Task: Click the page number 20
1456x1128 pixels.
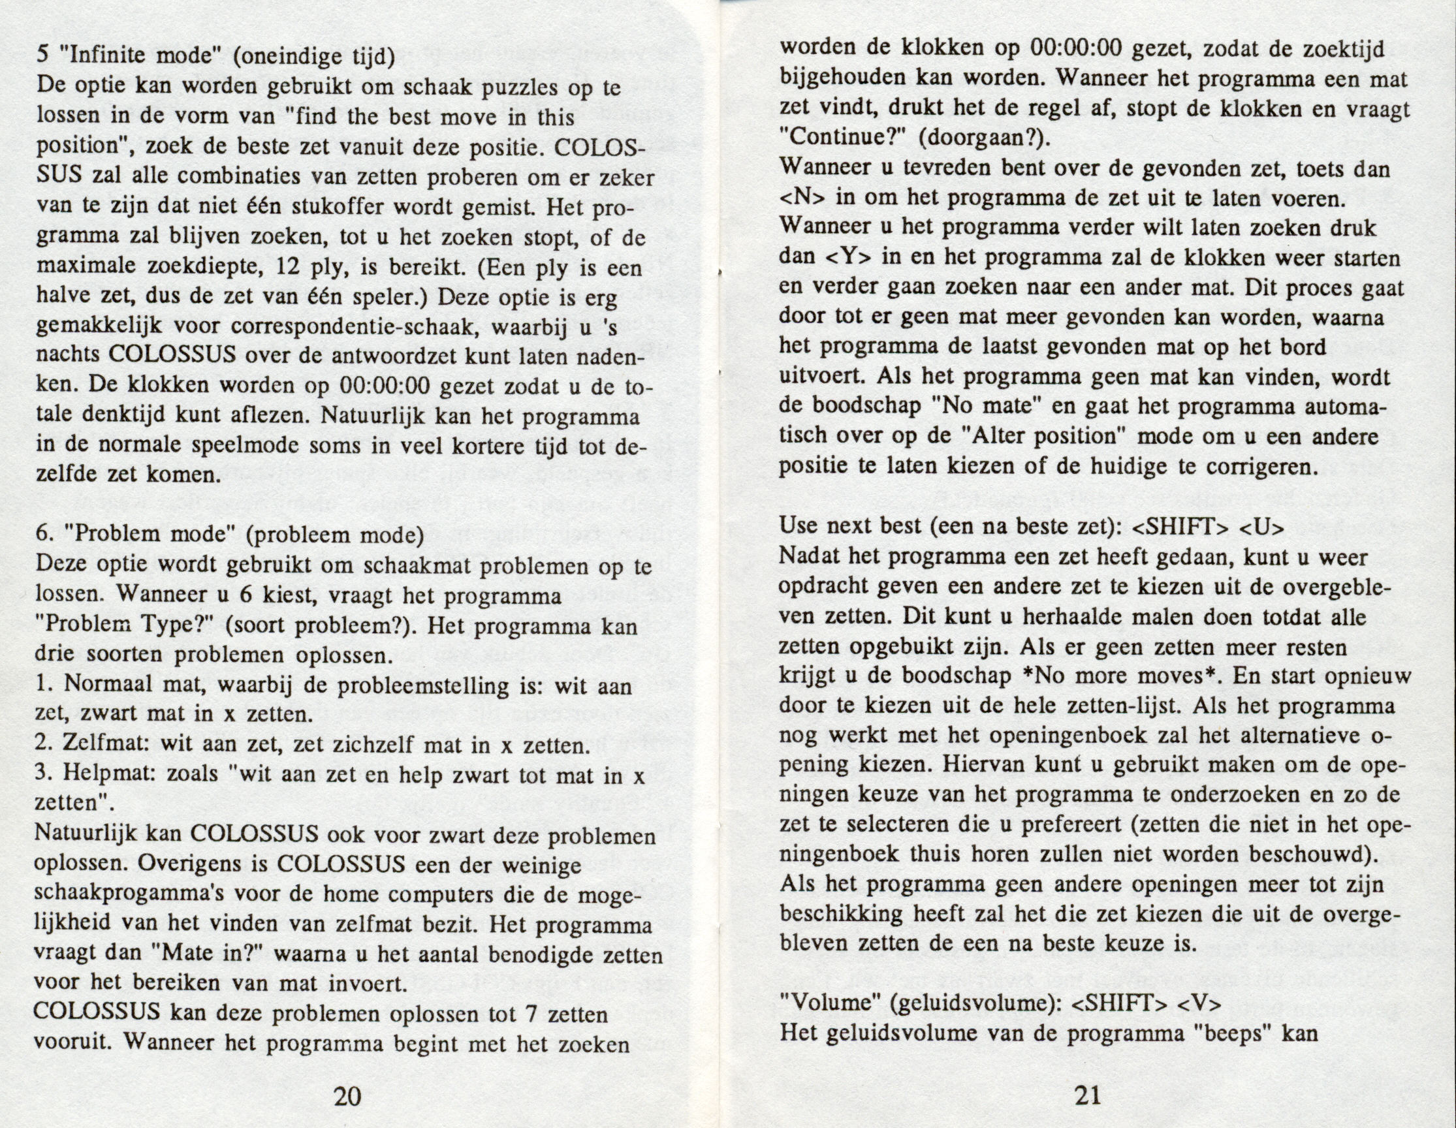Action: coord(347,1096)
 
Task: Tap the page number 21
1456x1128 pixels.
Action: coord(1087,1095)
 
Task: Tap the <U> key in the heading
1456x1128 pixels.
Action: coord(1262,527)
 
